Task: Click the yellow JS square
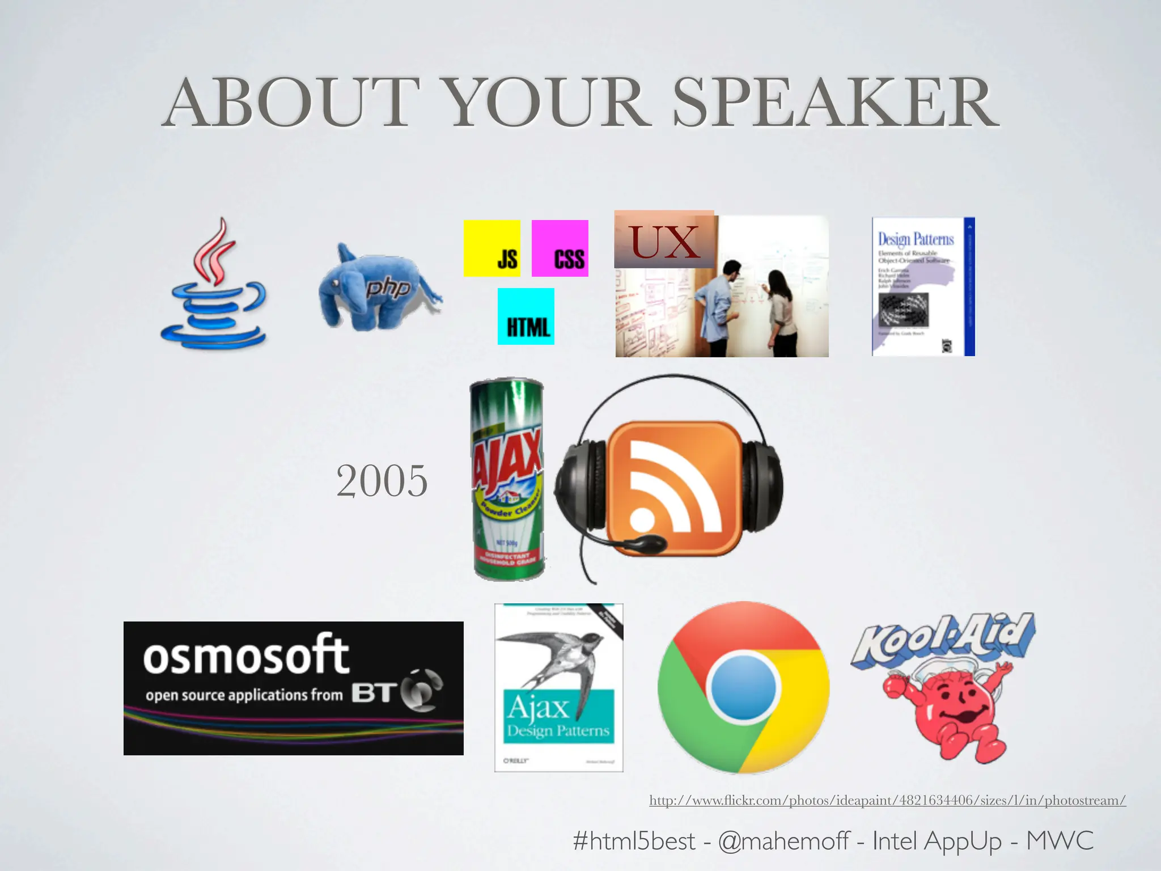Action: [491, 248]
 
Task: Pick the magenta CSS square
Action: [560, 248]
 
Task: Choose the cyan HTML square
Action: [526, 316]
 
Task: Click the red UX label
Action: [664, 242]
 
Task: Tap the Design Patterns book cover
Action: [923, 286]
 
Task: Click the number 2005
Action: [382, 481]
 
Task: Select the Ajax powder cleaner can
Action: [507, 479]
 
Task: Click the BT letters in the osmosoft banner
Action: [372, 693]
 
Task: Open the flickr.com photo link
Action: [887, 800]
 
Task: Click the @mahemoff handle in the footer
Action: [783, 840]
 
